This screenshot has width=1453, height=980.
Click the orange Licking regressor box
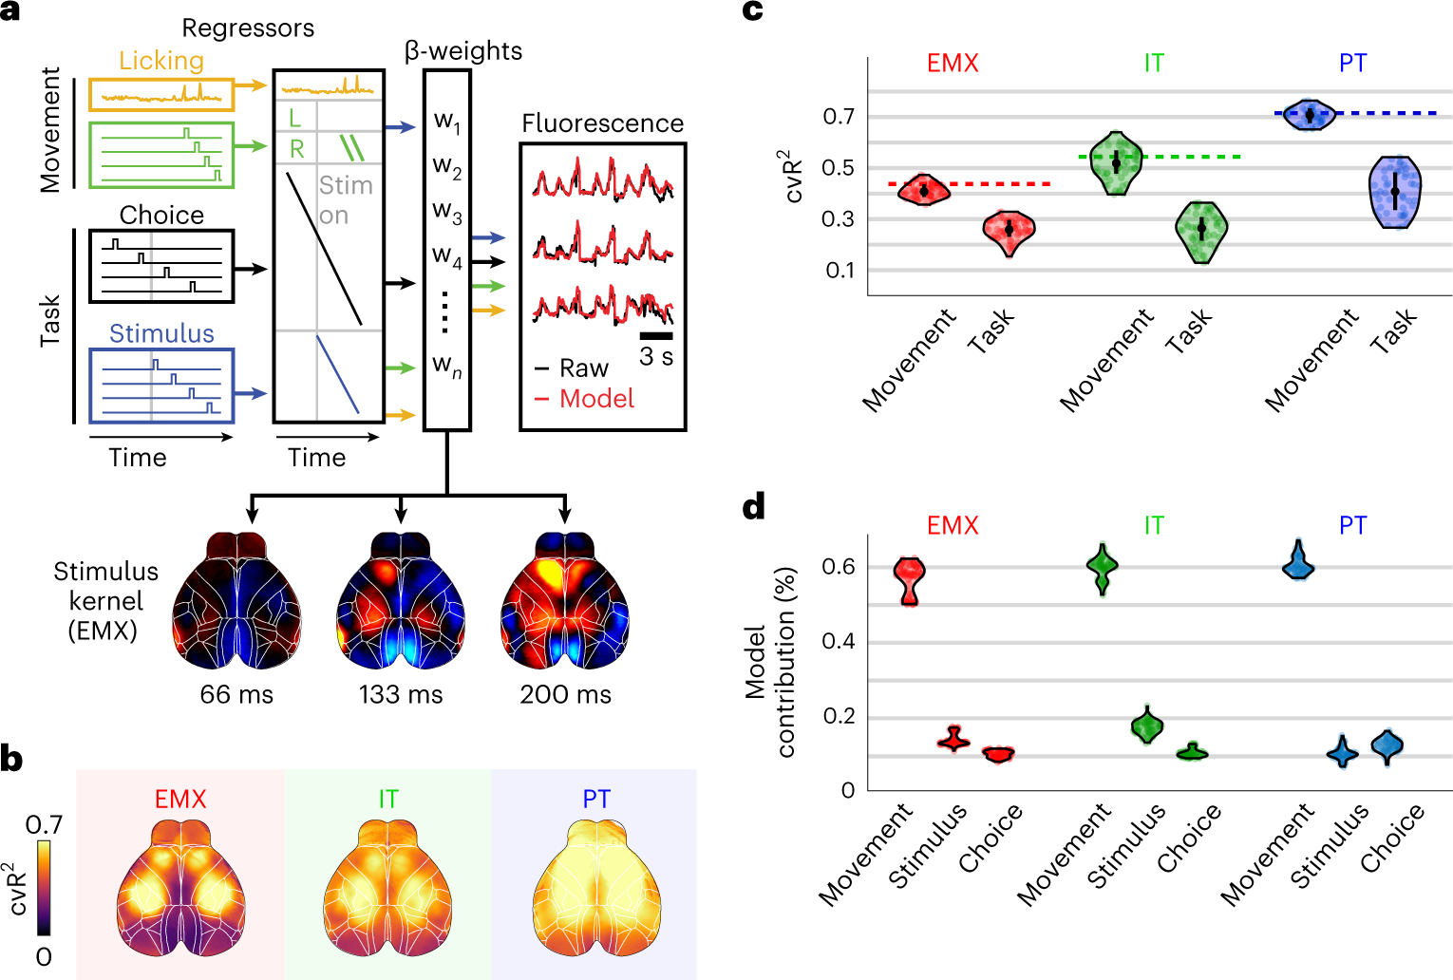coord(161,95)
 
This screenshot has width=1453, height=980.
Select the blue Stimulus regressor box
coord(161,386)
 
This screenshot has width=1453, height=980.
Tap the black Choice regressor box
coord(161,267)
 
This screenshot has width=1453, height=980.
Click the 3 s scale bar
coord(656,336)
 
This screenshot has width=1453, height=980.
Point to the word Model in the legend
coord(596,399)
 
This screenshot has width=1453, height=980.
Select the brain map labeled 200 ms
coord(565,598)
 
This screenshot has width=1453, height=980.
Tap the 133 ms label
coord(401,695)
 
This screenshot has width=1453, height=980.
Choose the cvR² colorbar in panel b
coord(44,889)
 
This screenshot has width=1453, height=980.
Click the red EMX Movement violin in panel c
coord(923,190)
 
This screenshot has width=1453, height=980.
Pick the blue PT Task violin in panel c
coord(1395,192)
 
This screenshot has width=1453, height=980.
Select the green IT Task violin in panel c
coord(1201,231)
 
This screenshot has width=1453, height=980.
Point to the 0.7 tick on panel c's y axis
coord(839,117)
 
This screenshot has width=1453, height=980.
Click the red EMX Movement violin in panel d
coord(910,579)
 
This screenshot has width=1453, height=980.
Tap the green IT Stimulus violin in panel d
coord(1147,726)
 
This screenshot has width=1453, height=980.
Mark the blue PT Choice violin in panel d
coord(1387,746)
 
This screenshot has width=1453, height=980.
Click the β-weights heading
coord(463,51)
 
